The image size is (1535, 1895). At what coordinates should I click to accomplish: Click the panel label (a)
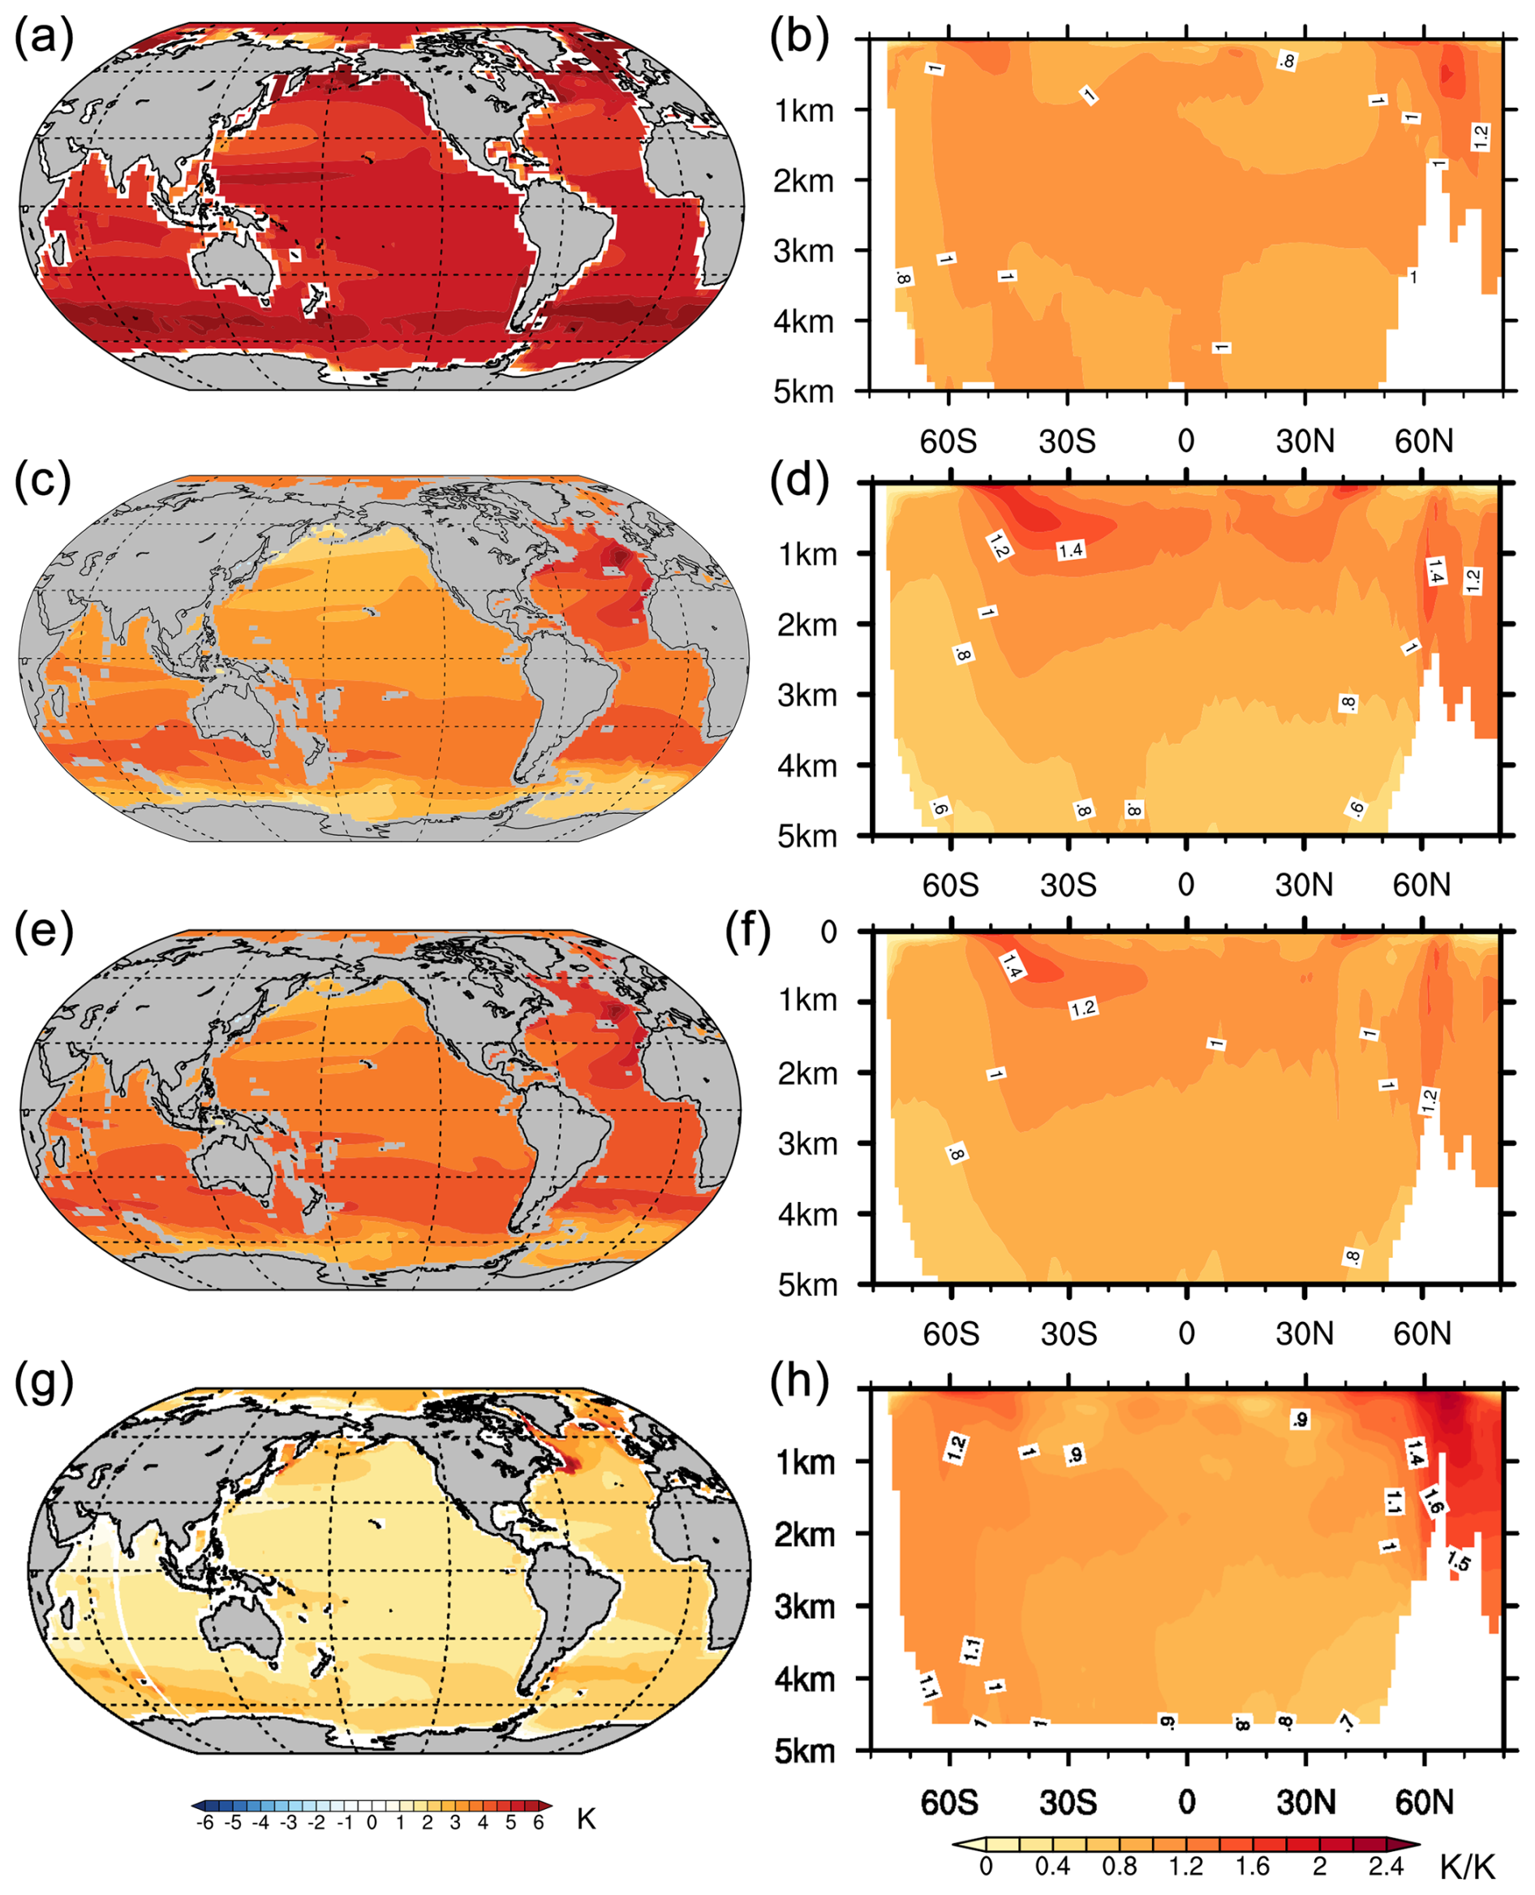click(43, 38)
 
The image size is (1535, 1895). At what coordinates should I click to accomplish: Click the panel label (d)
click(798, 481)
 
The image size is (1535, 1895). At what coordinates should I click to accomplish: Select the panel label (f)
click(747, 930)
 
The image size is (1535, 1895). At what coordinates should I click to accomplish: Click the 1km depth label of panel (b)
click(804, 111)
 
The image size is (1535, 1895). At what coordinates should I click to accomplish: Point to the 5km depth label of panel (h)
click(804, 1751)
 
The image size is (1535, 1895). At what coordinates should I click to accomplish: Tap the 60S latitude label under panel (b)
click(948, 441)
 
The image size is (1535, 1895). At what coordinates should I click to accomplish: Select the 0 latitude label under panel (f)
click(1187, 1333)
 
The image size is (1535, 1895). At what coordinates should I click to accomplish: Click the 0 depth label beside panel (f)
click(828, 932)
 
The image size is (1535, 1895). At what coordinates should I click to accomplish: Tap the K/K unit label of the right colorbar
click(1467, 1867)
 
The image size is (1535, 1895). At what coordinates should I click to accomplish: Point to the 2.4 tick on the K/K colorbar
click(1386, 1866)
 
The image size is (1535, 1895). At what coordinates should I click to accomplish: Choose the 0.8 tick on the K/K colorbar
click(1120, 1866)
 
